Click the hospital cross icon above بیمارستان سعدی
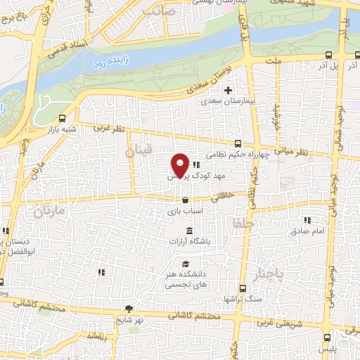[x=227, y=90]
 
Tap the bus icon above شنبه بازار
[x=63, y=117]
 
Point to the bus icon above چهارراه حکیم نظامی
[x=237, y=143]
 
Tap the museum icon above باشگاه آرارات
[x=189, y=231]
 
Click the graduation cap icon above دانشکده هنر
[x=185, y=264]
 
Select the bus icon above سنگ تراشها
[x=243, y=288]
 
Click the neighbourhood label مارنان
[x=49, y=210]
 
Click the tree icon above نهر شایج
[x=129, y=308]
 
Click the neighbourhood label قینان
[x=138, y=152]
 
